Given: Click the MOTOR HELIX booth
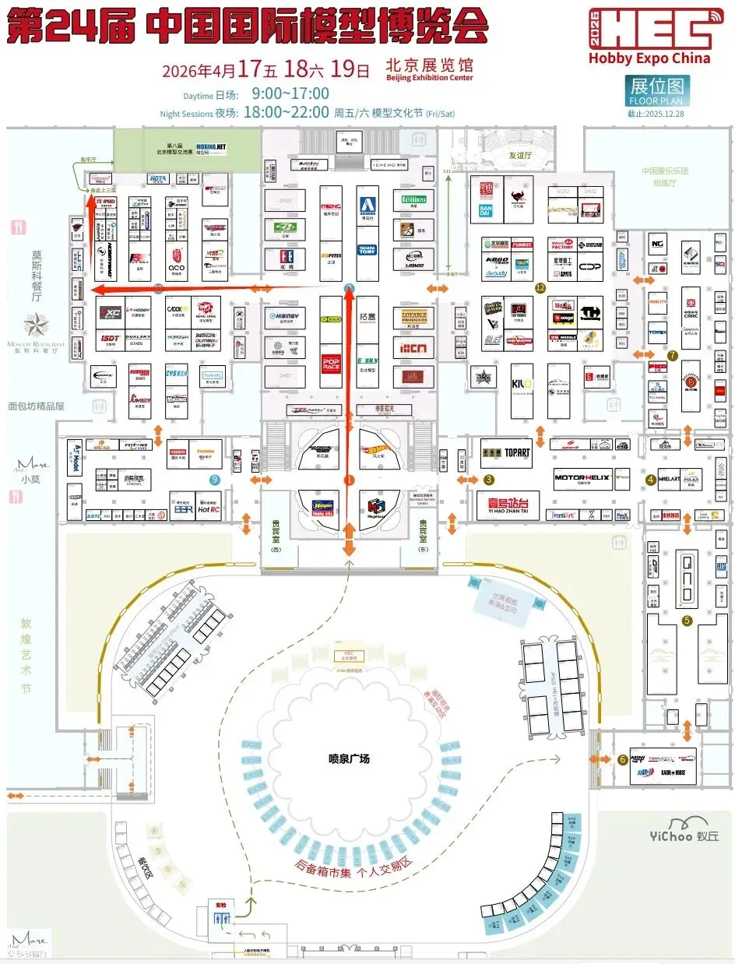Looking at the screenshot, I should coord(581,477).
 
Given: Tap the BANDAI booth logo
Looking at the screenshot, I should coord(484,209).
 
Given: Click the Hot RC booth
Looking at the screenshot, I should coord(209,509).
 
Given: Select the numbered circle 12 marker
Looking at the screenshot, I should coord(540,288).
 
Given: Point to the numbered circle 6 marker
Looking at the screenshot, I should coord(622,759).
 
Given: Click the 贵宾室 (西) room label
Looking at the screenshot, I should coord(273,532).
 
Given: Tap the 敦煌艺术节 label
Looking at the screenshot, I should coord(26,655).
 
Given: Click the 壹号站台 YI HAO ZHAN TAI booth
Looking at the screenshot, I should coord(507,506).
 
